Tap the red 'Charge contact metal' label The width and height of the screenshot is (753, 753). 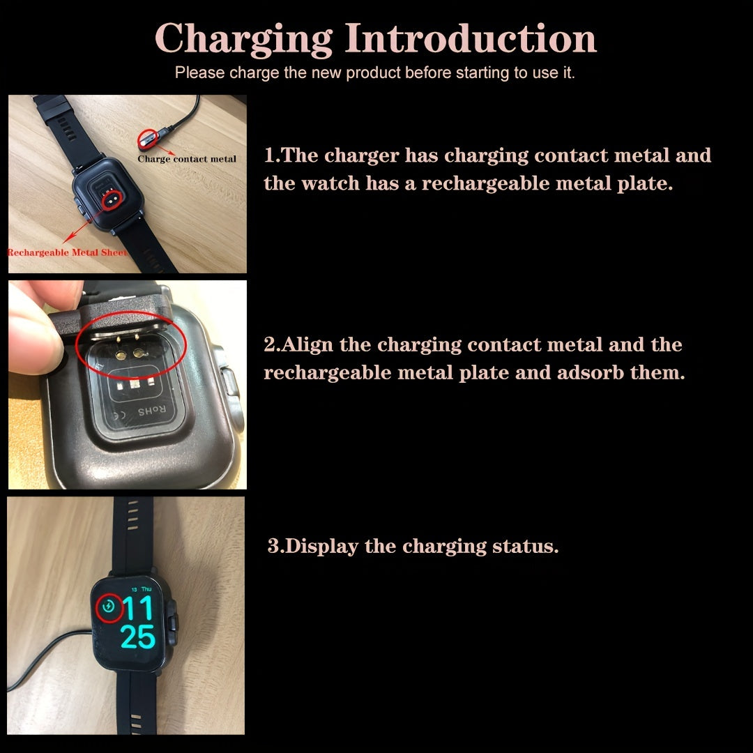coord(187,159)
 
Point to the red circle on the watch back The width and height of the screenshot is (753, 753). coord(109,200)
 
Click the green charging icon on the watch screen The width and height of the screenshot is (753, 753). coord(108,607)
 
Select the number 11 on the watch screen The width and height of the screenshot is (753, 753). coord(138,609)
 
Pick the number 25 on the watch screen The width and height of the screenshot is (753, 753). coord(137,637)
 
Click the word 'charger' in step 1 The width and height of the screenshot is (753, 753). coord(362,155)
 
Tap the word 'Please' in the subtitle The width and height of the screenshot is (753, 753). coord(199,73)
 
